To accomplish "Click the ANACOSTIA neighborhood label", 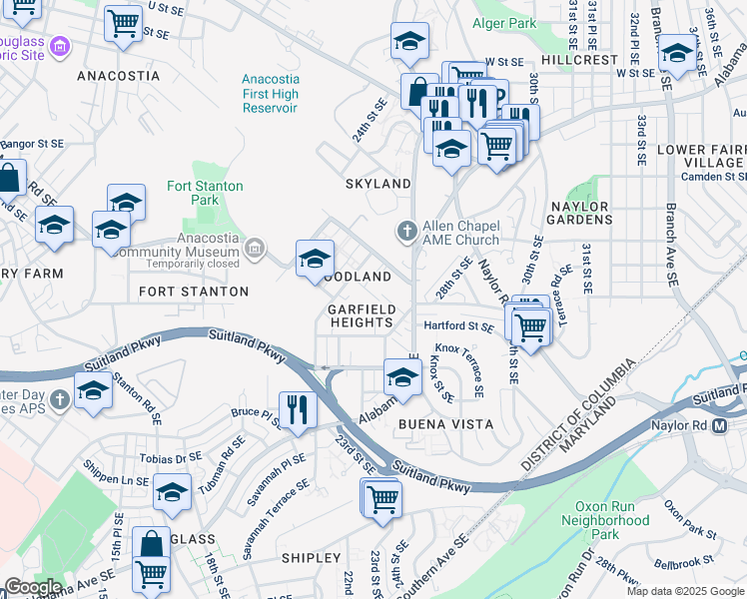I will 118,76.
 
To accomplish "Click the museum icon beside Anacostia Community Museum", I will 256,247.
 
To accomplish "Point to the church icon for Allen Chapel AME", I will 406,232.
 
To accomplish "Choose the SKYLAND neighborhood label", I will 377,184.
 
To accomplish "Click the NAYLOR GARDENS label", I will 580,212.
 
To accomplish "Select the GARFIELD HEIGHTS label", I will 362,315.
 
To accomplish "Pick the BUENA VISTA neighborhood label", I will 446,424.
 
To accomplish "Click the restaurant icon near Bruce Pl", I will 298,408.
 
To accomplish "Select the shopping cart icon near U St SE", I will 123,22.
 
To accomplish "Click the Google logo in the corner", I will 32,587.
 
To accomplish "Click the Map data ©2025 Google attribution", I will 684,591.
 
